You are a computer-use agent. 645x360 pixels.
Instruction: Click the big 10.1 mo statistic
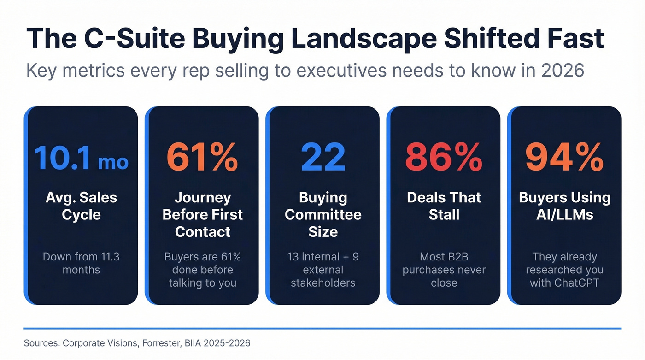(81, 157)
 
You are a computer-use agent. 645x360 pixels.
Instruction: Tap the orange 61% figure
(202, 157)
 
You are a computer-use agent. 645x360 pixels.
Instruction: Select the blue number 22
(323, 157)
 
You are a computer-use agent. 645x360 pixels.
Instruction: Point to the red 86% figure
(444, 157)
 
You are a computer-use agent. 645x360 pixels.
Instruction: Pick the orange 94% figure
(564, 157)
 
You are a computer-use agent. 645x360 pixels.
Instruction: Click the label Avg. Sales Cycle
(81, 206)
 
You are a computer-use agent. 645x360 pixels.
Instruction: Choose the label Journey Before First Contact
(202, 214)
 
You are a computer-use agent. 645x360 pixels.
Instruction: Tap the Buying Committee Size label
(323, 214)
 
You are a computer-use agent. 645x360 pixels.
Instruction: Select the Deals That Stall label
(444, 206)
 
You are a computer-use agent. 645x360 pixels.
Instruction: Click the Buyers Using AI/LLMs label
(564, 206)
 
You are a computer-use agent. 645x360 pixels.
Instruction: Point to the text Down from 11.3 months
(81, 263)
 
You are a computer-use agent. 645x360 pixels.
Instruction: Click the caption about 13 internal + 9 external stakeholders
(323, 270)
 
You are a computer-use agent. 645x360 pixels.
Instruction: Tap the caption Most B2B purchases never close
(444, 270)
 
